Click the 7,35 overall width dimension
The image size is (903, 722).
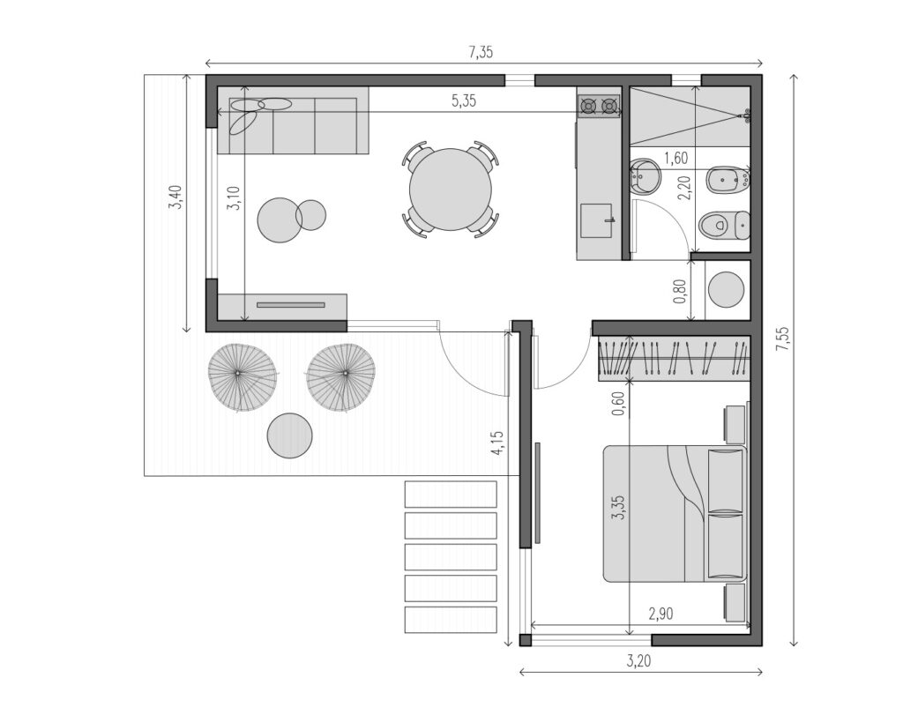(x=481, y=52)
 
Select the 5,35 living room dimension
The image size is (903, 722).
(x=464, y=101)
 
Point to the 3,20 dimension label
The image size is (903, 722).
(x=638, y=661)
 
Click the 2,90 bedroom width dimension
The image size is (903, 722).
(x=660, y=614)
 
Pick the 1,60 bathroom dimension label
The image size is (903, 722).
(x=676, y=158)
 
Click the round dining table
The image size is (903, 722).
(x=451, y=190)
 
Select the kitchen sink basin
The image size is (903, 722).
(x=596, y=220)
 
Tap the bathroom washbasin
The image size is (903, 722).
(x=642, y=176)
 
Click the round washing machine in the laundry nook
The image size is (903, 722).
(x=726, y=290)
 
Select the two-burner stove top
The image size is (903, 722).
(x=599, y=106)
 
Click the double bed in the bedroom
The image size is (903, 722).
(x=675, y=513)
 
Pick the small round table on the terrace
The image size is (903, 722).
(x=290, y=435)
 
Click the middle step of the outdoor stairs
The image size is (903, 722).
(x=451, y=557)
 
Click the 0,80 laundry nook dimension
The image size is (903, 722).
(x=680, y=291)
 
